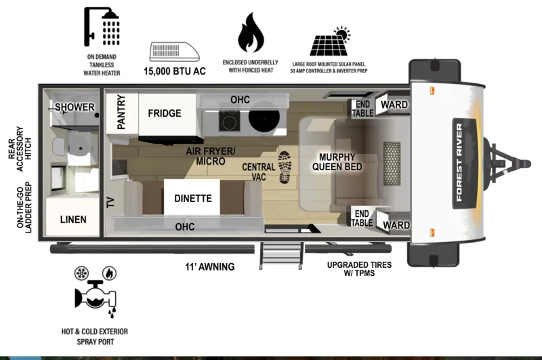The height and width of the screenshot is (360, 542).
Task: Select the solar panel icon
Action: click(x=329, y=42)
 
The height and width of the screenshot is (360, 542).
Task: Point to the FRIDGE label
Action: click(x=165, y=113)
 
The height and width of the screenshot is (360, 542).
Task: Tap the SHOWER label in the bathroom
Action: click(x=75, y=108)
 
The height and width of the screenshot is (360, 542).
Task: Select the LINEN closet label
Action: click(x=73, y=219)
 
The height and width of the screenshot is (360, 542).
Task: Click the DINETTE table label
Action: click(x=193, y=199)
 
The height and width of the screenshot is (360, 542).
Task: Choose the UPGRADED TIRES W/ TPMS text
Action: click(x=359, y=270)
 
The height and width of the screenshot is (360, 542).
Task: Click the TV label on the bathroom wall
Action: click(x=110, y=201)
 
